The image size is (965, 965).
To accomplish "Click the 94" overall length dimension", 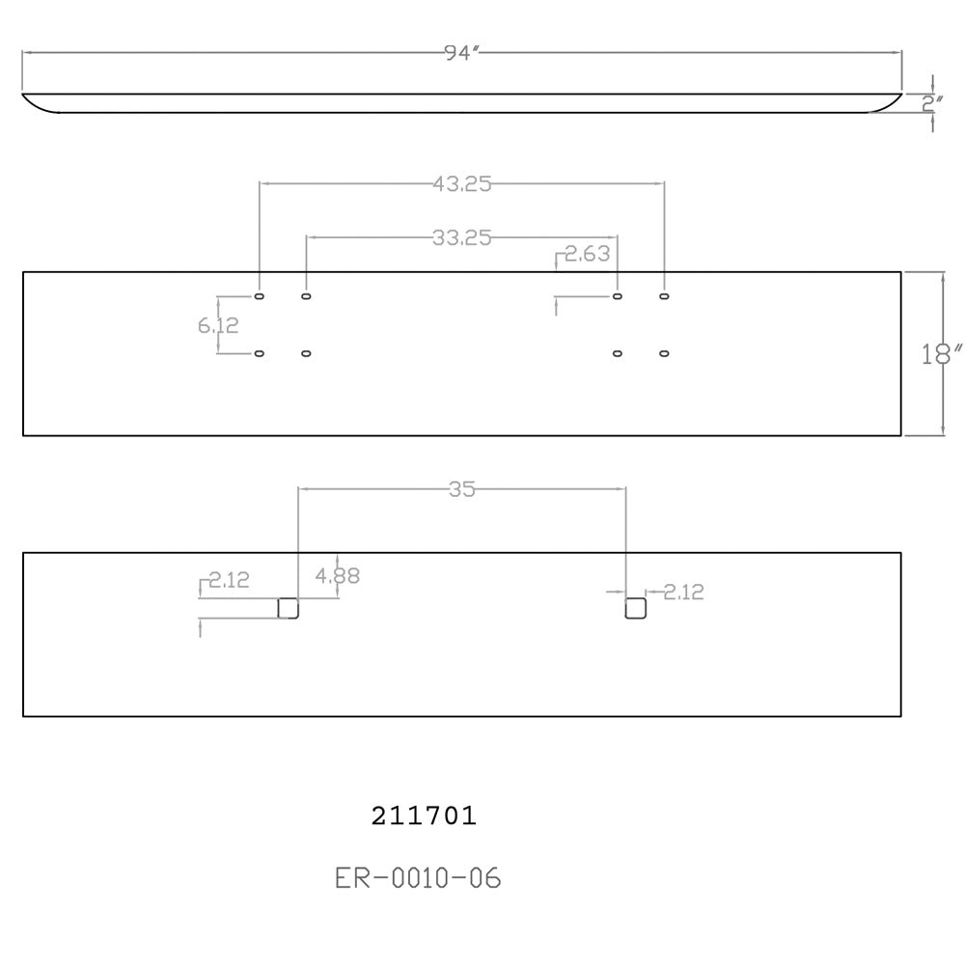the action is (461, 53).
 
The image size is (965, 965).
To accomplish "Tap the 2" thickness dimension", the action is (932, 103).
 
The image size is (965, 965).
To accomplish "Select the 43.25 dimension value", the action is (462, 184).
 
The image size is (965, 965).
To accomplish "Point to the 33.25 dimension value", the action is (462, 237).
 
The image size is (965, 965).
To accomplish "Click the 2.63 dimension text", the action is (587, 254).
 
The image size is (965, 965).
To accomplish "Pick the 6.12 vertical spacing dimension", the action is (218, 325).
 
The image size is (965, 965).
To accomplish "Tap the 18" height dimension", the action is (941, 354).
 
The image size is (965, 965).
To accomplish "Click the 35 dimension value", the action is (462, 489).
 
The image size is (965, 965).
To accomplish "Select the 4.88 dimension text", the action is (337, 576).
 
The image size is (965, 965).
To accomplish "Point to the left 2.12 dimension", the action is (229, 580).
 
